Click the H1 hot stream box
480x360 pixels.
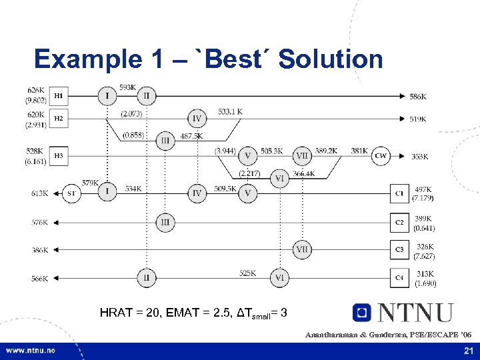tap(59, 97)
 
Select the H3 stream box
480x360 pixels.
tap(59, 156)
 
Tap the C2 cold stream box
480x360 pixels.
tap(399, 222)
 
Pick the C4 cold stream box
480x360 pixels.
tap(399, 277)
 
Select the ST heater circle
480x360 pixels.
tap(71, 193)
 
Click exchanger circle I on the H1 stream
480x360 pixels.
tap(107, 97)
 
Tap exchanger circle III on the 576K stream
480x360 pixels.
tap(165, 222)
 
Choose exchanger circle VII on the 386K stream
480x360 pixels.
tap(302, 250)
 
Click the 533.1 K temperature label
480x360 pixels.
tap(231, 111)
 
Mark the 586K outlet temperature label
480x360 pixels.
tap(418, 97)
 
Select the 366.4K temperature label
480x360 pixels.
tap(303, 174)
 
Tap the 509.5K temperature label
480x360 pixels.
tap(225, 188)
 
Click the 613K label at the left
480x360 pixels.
tap(39, 193)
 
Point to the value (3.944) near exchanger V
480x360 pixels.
tap(225, 151)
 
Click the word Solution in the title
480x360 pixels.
tap(331, 59)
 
